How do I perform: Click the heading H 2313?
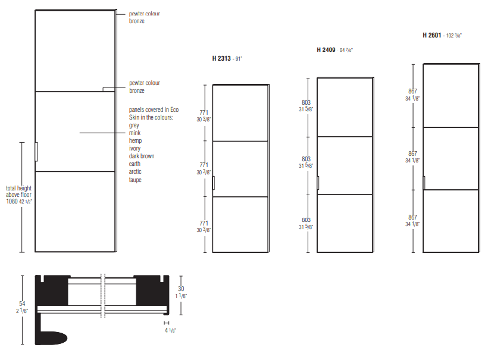(221, 58)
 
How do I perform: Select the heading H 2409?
(326, 50)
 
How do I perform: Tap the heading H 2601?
(431, 35)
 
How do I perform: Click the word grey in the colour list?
(134, 126)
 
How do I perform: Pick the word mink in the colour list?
(134, 133)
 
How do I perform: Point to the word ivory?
(134, 148)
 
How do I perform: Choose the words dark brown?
(142, 156)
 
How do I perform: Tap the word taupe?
(135, 180)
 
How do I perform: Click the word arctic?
(135, 172)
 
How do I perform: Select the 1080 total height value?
(12, 201)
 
